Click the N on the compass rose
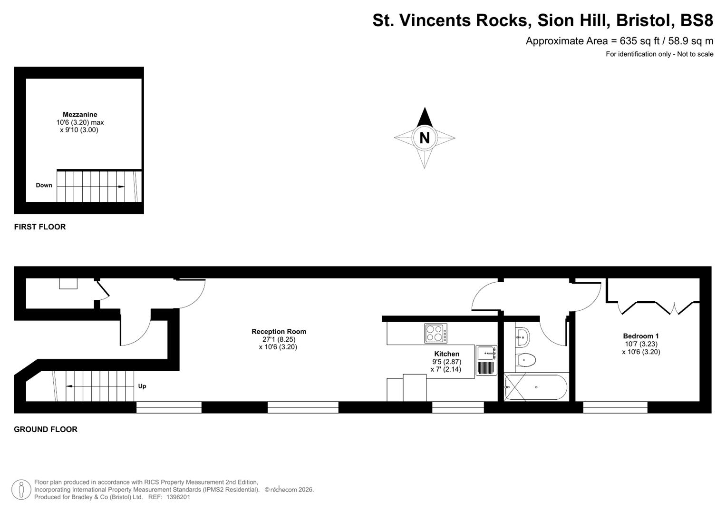coord(425,138)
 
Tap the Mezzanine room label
coord(80,114)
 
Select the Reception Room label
coord(279,332)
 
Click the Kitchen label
coord(446,354)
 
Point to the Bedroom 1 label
coord(640,336)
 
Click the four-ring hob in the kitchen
coord(436,333)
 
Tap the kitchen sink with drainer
coord(486,361)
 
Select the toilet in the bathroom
coord(525,360)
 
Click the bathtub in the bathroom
coord(536,387)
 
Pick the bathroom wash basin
coord(522,337)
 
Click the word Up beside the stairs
coord(142,386)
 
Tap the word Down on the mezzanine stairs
coord(44,185)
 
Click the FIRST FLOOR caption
coord(40,227)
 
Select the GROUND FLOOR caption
coord(46,429)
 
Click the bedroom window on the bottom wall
coord(615,407)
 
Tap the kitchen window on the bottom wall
coord(457,407)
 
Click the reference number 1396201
coord(176,497)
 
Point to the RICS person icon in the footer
coord(21,489)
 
